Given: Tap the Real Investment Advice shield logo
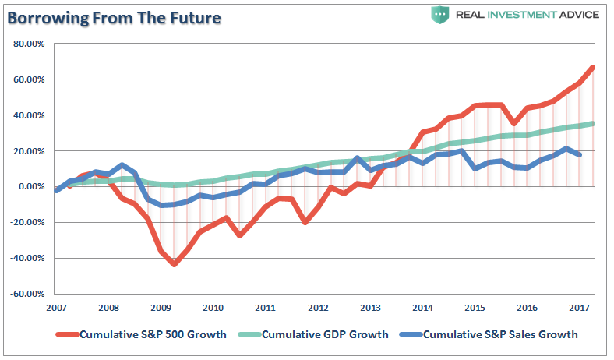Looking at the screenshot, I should [x=440, y=14].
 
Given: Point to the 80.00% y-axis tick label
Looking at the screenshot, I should [x=30, y=44].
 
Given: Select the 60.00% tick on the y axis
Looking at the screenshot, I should [x=30, y=79].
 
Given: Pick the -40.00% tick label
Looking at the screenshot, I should [x=28, y=258].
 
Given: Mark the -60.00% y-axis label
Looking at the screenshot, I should [x=28, y=294].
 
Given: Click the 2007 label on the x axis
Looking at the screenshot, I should [x=57, y=307].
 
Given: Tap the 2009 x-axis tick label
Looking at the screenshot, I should [x=161, y=307].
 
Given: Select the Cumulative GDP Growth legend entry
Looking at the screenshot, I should [x=325, y=334].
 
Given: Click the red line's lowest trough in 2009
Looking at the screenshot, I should [x=174, y=264].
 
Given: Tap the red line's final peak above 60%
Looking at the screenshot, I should [x=593, y=68].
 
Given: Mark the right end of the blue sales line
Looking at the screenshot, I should [x=580, y=154].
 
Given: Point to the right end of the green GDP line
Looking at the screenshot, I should [x=593, y=123].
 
